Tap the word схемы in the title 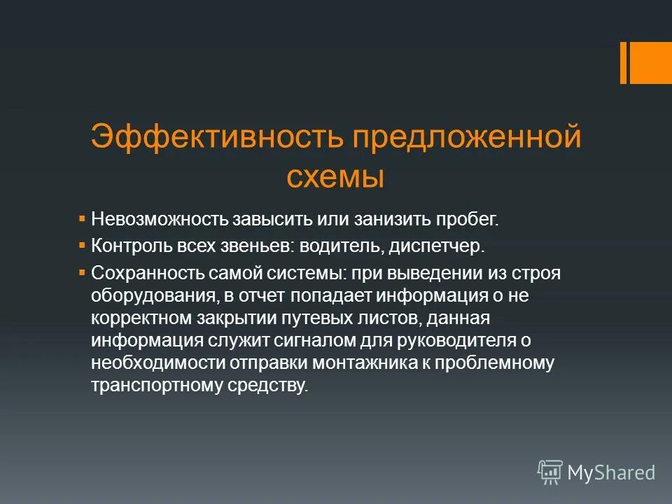[335, 176]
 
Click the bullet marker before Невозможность [82, 218]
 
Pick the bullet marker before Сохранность [82, 272]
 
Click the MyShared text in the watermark [611, 472]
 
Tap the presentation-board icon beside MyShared [550, 472]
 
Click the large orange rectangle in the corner [652, 62]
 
